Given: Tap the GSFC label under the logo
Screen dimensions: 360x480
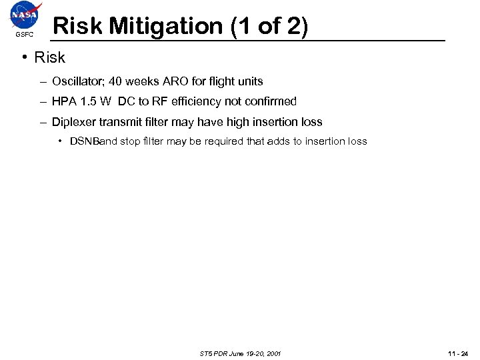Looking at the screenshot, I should [23, 35].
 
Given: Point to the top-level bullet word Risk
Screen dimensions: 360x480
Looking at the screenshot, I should [50, 58].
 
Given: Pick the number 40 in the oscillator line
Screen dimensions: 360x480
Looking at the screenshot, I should [115, 82].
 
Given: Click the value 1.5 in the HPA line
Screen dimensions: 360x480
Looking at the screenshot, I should [89, 102].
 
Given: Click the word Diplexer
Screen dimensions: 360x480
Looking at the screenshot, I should [75, 122].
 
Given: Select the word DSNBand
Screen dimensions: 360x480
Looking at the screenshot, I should [93, 141].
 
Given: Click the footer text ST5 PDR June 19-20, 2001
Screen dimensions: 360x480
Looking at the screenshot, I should [240, 353].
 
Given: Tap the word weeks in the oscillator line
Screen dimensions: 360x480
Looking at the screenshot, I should [141, 82].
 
